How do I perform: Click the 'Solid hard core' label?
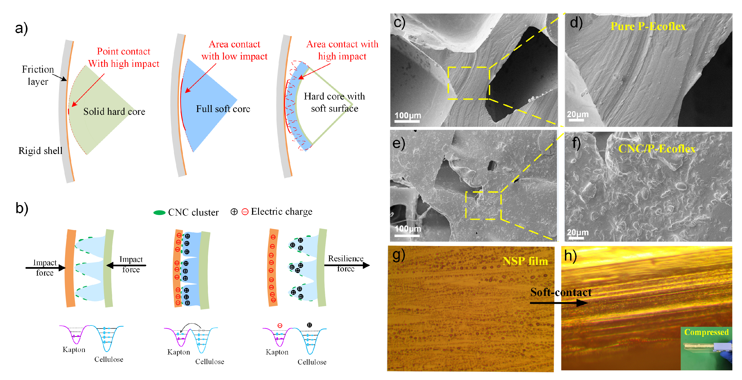click(x=114, y=112)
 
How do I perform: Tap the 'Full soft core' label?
click(x=223, y=109)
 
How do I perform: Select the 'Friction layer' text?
click(x=38, y=75)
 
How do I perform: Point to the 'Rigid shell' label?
click(x=40, y=151)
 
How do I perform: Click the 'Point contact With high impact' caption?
click(x=124, y=57)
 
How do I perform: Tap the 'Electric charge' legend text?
click(x=281, y=212)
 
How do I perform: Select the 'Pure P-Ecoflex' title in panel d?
click(x=648, y=26)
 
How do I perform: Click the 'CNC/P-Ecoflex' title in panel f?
click(x=657, y=149)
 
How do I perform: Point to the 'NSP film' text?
click(x=525, y=261)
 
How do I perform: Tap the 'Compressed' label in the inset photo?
click(x=706, y=332)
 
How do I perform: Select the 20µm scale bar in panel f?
click(x=576, y=238)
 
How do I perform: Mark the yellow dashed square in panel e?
click(x=483, y=205)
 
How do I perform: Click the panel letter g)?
click(x=399, y=255)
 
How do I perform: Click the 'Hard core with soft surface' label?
click(x=334, y=102)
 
